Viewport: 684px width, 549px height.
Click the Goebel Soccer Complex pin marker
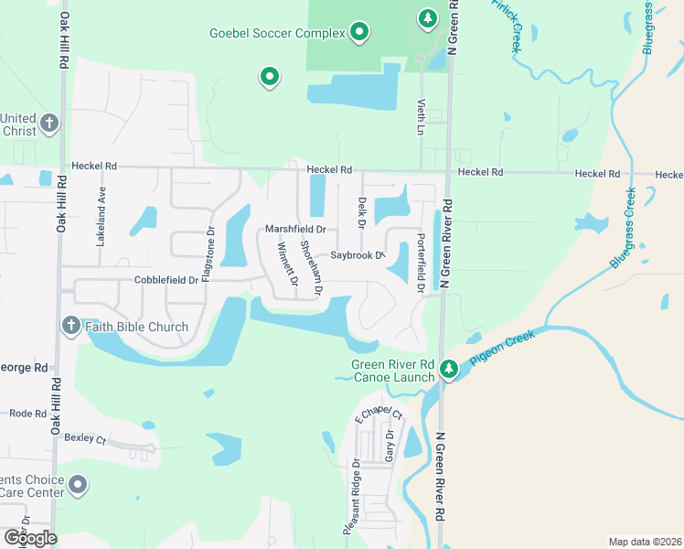tap(359, 33)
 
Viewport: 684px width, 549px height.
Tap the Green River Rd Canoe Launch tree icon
tap(448, 369)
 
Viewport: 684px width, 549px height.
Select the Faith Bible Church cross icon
tap(70, 326)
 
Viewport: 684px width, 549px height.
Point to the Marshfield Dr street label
tap(295, 229)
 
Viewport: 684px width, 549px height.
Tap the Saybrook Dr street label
tap(357, 255)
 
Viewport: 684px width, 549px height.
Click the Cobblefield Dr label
tap(166, 280)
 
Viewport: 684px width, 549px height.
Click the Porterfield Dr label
tap(421, 263)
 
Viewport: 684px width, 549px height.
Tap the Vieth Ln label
tap(422, 117)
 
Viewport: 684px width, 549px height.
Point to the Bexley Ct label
tap(86, 438)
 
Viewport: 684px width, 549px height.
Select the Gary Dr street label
tap(390, 445)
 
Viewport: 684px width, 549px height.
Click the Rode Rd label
tap(28, 413)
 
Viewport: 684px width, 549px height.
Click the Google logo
tap(30, 537)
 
